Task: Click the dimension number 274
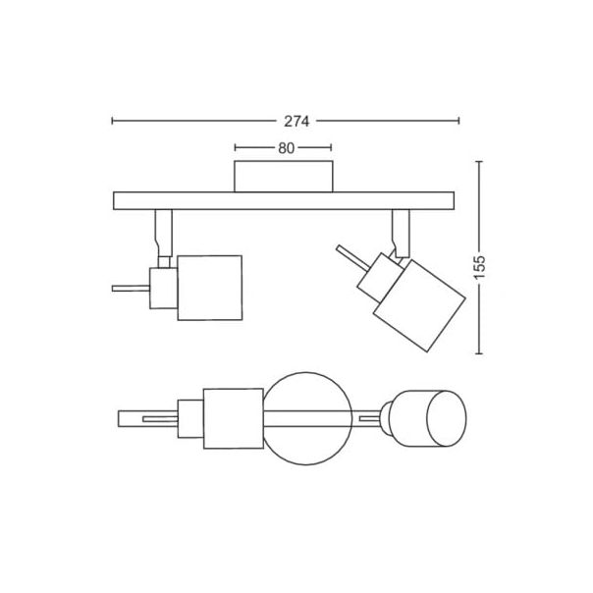click(296, 122)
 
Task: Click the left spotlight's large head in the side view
click(208, 288)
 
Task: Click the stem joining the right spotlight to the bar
click(401, 233)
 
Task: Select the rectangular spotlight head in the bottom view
click(232, 417)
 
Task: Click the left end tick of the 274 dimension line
click(113, 122)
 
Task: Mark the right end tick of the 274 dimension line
click(459, 122)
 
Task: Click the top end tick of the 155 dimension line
click(479, 162)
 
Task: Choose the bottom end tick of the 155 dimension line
click(479, 354)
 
